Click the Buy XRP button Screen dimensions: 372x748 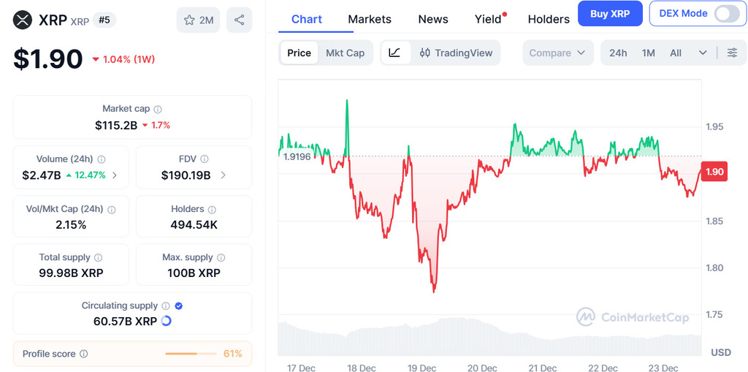click(610, 14)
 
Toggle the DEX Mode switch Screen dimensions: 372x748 click(726, 14)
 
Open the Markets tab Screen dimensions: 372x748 click(369, 19)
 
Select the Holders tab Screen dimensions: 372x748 click(548, 19)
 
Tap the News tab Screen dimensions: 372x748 click(433, 19)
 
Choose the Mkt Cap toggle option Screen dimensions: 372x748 click(345, 53)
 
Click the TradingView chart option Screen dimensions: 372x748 click(456, 53)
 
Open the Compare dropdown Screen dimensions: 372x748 click(557, 53)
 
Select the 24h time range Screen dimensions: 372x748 click(618, 53)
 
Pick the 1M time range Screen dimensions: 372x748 click(648, 53)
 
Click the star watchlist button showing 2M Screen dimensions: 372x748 click(199, 20)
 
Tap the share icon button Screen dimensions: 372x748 click(239, 20)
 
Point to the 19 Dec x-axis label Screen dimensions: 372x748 click(421, 368)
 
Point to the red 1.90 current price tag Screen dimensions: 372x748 click(713, 172)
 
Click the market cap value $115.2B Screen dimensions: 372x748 click(116, 125)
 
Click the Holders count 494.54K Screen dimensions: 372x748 click(194, 224)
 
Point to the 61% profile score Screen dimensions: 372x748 click(233, 354)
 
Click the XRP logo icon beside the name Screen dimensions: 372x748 click(24, 20)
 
